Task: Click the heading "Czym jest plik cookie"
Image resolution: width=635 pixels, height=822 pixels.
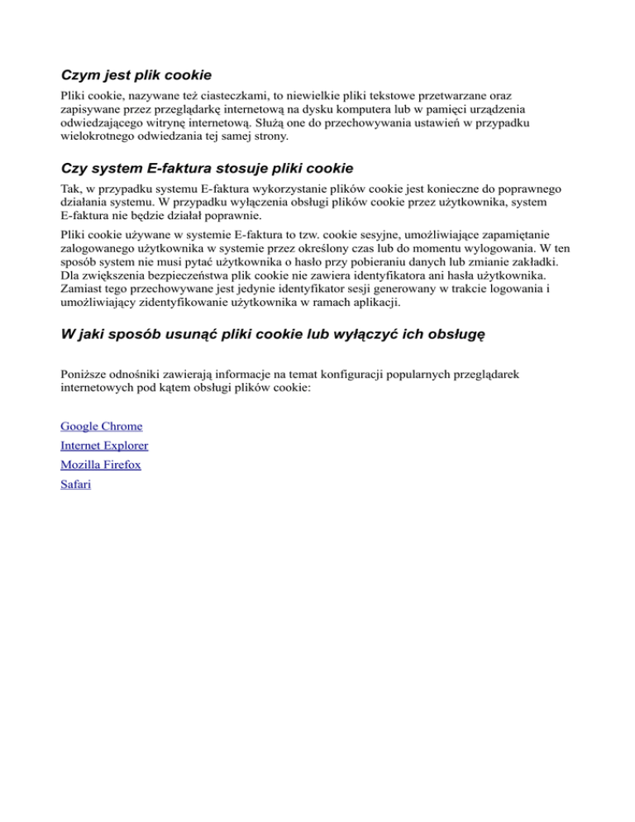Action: tap(136, 75)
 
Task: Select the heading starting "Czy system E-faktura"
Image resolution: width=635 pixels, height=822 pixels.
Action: tap(207, 169)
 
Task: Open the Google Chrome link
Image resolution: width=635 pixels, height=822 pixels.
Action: tap(101, 427)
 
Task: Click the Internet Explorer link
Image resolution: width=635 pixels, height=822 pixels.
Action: tap(104, 446)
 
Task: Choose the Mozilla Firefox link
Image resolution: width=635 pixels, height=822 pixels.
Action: tap(101, 465)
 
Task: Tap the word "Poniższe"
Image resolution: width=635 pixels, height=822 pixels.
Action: tap(86, 375)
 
